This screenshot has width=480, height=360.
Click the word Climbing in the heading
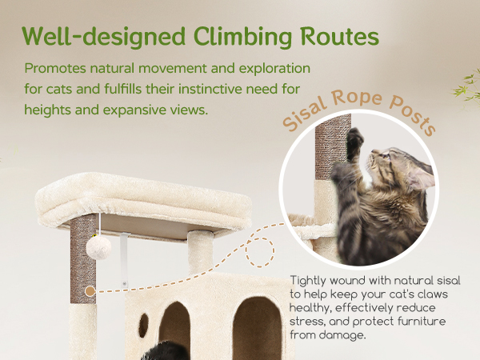point(242,37)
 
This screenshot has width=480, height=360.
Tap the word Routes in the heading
point(339,37)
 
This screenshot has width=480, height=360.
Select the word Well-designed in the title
point(104,37)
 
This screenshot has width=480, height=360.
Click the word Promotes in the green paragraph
point(55,68)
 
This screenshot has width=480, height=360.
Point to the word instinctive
point(210,89)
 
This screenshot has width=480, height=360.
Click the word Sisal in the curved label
point(303,114)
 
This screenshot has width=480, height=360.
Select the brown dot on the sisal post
point(90,291)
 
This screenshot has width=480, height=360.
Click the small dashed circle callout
point(260,252)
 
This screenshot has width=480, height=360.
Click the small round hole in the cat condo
point(143,325)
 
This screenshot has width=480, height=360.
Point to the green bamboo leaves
point(467,87)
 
